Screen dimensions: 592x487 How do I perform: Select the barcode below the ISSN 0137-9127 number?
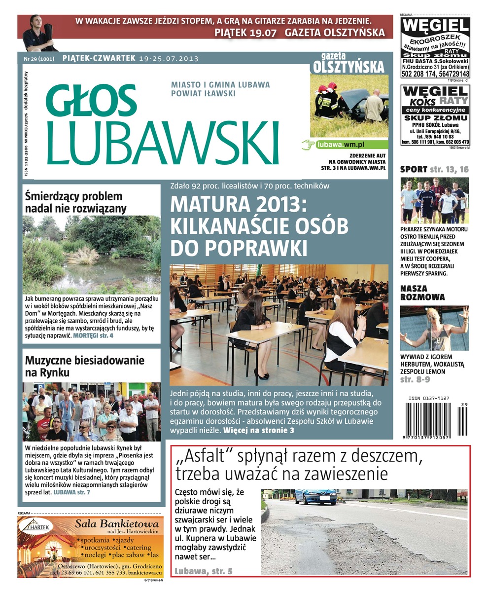tap(435, 420)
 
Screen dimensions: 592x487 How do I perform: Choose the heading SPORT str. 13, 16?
tap(434, 170)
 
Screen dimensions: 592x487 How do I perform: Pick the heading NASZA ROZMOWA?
tap(422, 293)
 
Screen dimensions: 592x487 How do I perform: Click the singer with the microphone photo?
tap(434, 329)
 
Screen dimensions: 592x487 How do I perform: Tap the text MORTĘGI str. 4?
tap(93, 335)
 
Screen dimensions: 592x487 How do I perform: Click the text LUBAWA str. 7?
tap(71, 492)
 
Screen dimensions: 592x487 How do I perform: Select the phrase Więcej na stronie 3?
tap(259, 431)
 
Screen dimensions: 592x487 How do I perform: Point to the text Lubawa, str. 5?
tap(203, 571)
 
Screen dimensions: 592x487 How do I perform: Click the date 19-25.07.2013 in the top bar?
tap(169, 59)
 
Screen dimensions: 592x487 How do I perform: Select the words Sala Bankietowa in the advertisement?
tap(116, 524)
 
